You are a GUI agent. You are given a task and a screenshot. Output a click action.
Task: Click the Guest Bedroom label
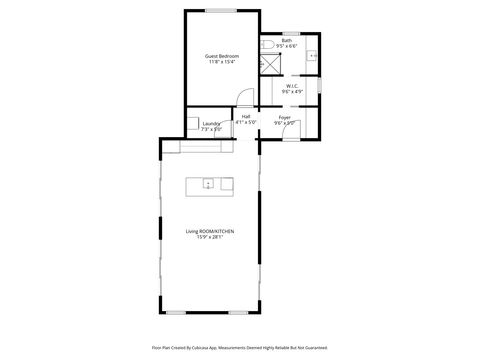[222, 56]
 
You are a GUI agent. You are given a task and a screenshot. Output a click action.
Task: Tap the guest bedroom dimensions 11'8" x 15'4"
[222, 62]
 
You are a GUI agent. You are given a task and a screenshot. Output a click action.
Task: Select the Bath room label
[287, 41]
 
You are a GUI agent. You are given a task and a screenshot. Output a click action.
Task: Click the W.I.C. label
[291, 87]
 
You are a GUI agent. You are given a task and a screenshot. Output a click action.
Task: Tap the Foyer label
[285, 117]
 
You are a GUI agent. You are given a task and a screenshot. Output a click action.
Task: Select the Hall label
[246, 117]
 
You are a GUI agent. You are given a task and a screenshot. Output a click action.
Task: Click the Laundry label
[211, 124]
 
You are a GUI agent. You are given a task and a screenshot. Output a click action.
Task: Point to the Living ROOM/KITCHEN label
[210, 231]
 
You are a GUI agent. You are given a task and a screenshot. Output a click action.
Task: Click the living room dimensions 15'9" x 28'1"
[210, 237]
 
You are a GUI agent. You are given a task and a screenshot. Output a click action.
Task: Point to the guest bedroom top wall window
[221, 11]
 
